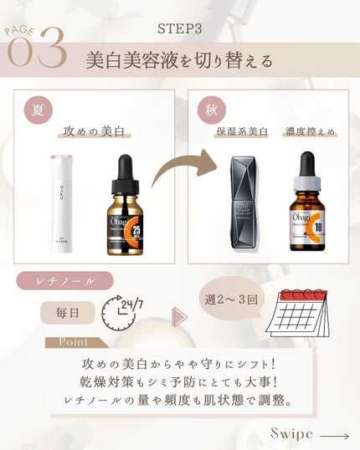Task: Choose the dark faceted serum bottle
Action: (x=247, y=206)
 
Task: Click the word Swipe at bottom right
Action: (x=292, y=433)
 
